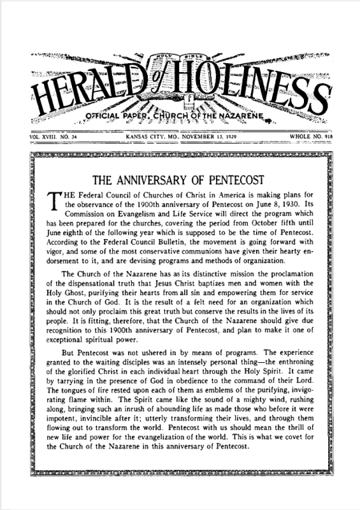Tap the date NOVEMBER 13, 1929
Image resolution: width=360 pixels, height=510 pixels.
209,136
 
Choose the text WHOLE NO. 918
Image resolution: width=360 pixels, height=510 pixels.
318,136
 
